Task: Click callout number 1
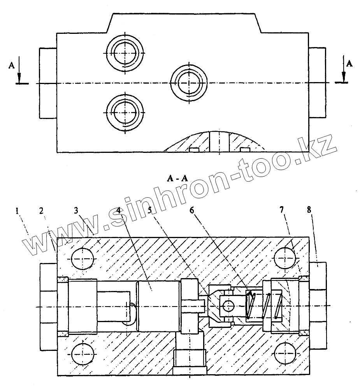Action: (x=17, y=211)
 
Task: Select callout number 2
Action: (x=41, y=210)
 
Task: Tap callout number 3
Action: (x=76, y=210)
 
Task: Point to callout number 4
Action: (x=119, y=210)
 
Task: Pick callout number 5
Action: (x=150, y=210)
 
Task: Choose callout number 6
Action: (x=192, y=210)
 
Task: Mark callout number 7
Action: (x=281, y=210)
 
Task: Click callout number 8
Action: (x=309, y=210)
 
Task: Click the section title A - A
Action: (x=177, y=179)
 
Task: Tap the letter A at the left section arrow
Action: (x=11, y=65)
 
